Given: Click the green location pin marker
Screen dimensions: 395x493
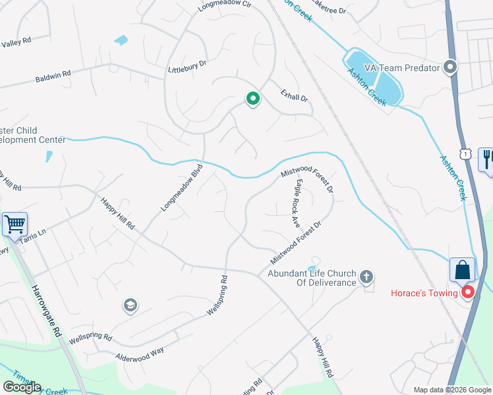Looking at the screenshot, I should [x=252, y=99].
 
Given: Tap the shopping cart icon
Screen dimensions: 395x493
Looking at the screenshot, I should [x=14, y=224].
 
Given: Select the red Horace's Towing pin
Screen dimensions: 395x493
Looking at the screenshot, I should [x=469, y=292].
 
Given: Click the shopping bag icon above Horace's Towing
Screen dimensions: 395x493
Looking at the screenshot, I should [x=462, y=270].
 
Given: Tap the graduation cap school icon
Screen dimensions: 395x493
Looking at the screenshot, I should [x=130, y=305].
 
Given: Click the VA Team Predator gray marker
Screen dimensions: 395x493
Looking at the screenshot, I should [x=451, y=67].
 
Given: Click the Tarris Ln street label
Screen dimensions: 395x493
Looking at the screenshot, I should [x=33, y=237].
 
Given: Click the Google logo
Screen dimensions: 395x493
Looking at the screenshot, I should [x=22, y=387].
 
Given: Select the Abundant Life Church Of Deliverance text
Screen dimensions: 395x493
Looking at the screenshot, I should [x=312, y=278].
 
